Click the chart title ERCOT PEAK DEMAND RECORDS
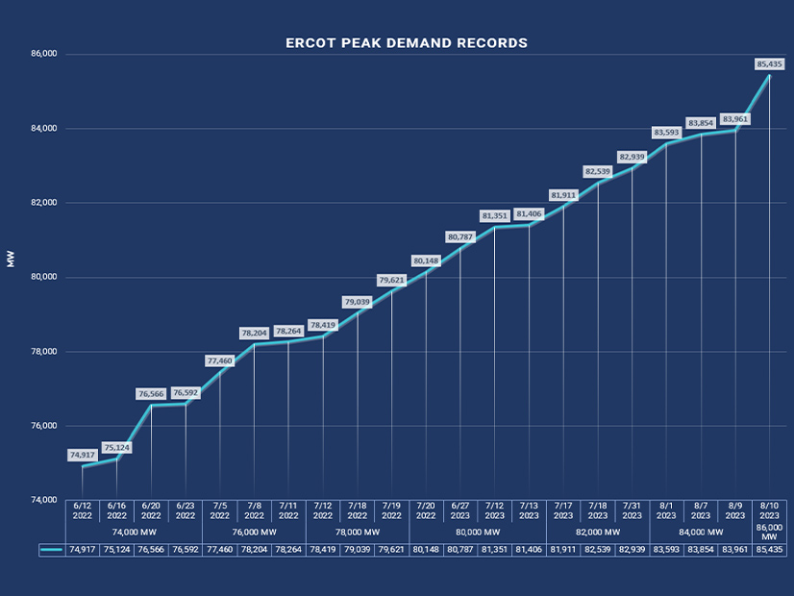click(x=407, y=43)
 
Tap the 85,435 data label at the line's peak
click(x=769, y=64)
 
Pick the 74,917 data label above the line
click(x=83, y=455)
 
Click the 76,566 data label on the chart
click(x=151, y=393)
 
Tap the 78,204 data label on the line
click(x=254, y=333)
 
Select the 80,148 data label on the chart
click(x=425, y=261)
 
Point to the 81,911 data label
click(x=562, y=195)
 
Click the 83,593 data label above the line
click(x=666, y=133)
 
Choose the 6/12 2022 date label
click(x=83, y=509)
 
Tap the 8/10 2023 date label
click(x=769, y=509)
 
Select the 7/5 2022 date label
click(x=219, y=509)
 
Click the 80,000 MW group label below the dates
click(x=478, y=532)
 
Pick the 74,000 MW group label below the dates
click(x=134, y=532)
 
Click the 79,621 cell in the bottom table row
click(x=391, y=551)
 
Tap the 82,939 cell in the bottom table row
click(x=632, y=551)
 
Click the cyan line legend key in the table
click(x=53, y=551)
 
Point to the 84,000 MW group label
click(x=700, y=532)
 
